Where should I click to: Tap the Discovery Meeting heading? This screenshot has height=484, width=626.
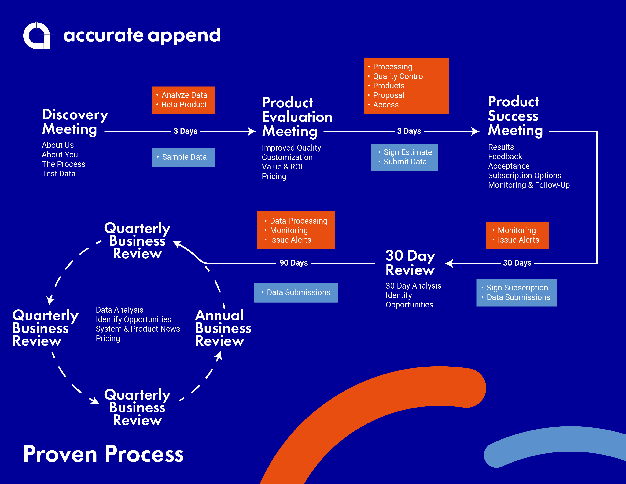[75, 122]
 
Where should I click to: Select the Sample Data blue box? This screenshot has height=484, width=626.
[183, 157]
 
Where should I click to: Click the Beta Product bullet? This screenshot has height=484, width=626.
[184, 105]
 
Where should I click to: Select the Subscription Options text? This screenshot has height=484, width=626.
[525, 176]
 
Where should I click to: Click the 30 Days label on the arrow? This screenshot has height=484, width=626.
[517, 263]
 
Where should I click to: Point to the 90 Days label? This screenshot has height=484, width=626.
[293, 263]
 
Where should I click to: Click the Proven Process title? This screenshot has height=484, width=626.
[103, 454]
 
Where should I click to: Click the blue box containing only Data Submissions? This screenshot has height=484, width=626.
[296, 293]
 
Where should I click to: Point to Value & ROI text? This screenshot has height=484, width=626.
[282, 167]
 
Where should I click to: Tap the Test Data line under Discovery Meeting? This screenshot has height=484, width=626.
[58, 174]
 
